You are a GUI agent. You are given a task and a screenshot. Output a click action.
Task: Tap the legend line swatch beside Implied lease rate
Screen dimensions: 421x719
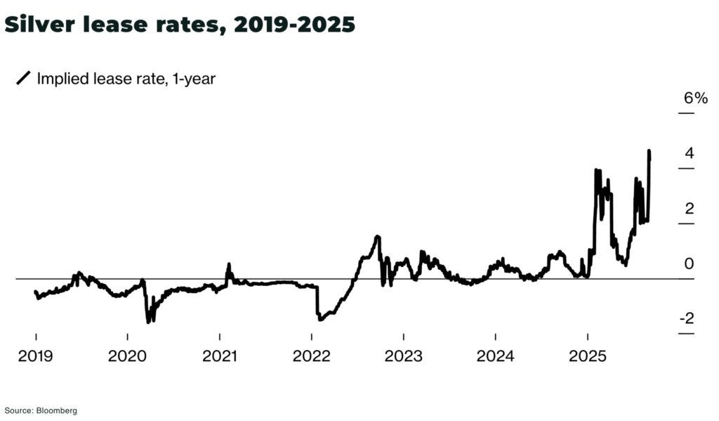click(23, 79)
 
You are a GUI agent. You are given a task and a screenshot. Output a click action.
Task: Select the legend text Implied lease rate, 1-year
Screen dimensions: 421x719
click(126, 79)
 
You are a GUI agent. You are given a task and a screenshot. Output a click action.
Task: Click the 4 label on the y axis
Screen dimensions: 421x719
click(690, 153)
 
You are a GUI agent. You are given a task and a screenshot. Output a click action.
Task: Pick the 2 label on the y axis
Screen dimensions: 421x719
click(690, 209)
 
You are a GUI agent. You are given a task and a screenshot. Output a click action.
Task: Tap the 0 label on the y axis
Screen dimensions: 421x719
click(689, 264)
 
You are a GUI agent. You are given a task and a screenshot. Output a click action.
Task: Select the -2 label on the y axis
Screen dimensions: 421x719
click(686, 318)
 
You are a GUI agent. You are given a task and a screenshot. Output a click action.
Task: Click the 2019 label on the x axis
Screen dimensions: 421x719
click(36, 356)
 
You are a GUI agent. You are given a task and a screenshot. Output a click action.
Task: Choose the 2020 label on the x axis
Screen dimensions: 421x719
click(127, 356)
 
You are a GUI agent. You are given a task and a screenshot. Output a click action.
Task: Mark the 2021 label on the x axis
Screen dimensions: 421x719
click(220, 356)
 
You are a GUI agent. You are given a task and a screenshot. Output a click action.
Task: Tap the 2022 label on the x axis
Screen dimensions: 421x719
click(312, 356)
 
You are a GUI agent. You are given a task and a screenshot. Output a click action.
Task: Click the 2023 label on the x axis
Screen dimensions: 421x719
click(403, 356)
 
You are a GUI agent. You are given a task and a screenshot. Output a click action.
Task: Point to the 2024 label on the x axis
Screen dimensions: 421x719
click(495, 356)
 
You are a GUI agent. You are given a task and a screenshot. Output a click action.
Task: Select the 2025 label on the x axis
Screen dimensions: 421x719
click(587, 356)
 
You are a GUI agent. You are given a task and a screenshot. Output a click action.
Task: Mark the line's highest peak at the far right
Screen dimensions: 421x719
click(649, 151)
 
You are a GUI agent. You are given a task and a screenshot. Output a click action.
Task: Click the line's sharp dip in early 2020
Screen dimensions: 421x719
click(148, 321)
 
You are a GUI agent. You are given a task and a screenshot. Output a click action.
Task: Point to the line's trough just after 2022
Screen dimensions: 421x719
click(319, 320)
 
